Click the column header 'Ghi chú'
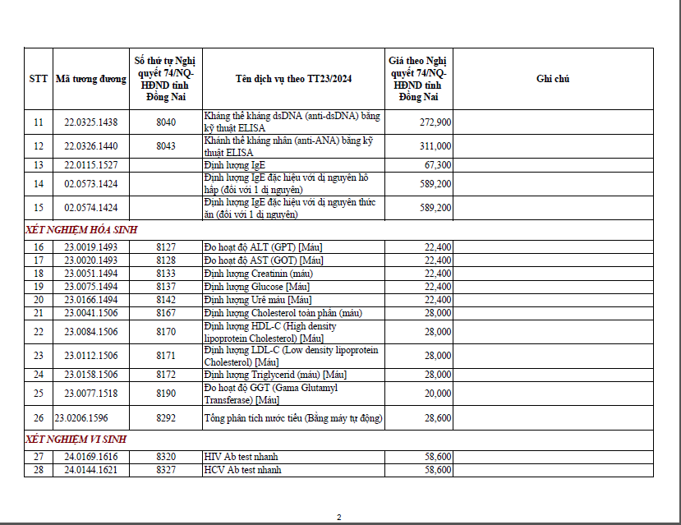(x=553, y=79)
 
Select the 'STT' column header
(x=39, y=79)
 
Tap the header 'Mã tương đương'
(x=91, y=79)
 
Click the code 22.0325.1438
(x=91, y=122)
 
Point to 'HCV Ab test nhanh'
(x=242, y=470)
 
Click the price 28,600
(x=437, y=418)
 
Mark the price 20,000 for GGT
(x=437, y=394)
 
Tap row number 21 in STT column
(x=39, y=313)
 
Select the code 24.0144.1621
(x=91, y=470)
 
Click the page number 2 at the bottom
(x=338, y=517)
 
